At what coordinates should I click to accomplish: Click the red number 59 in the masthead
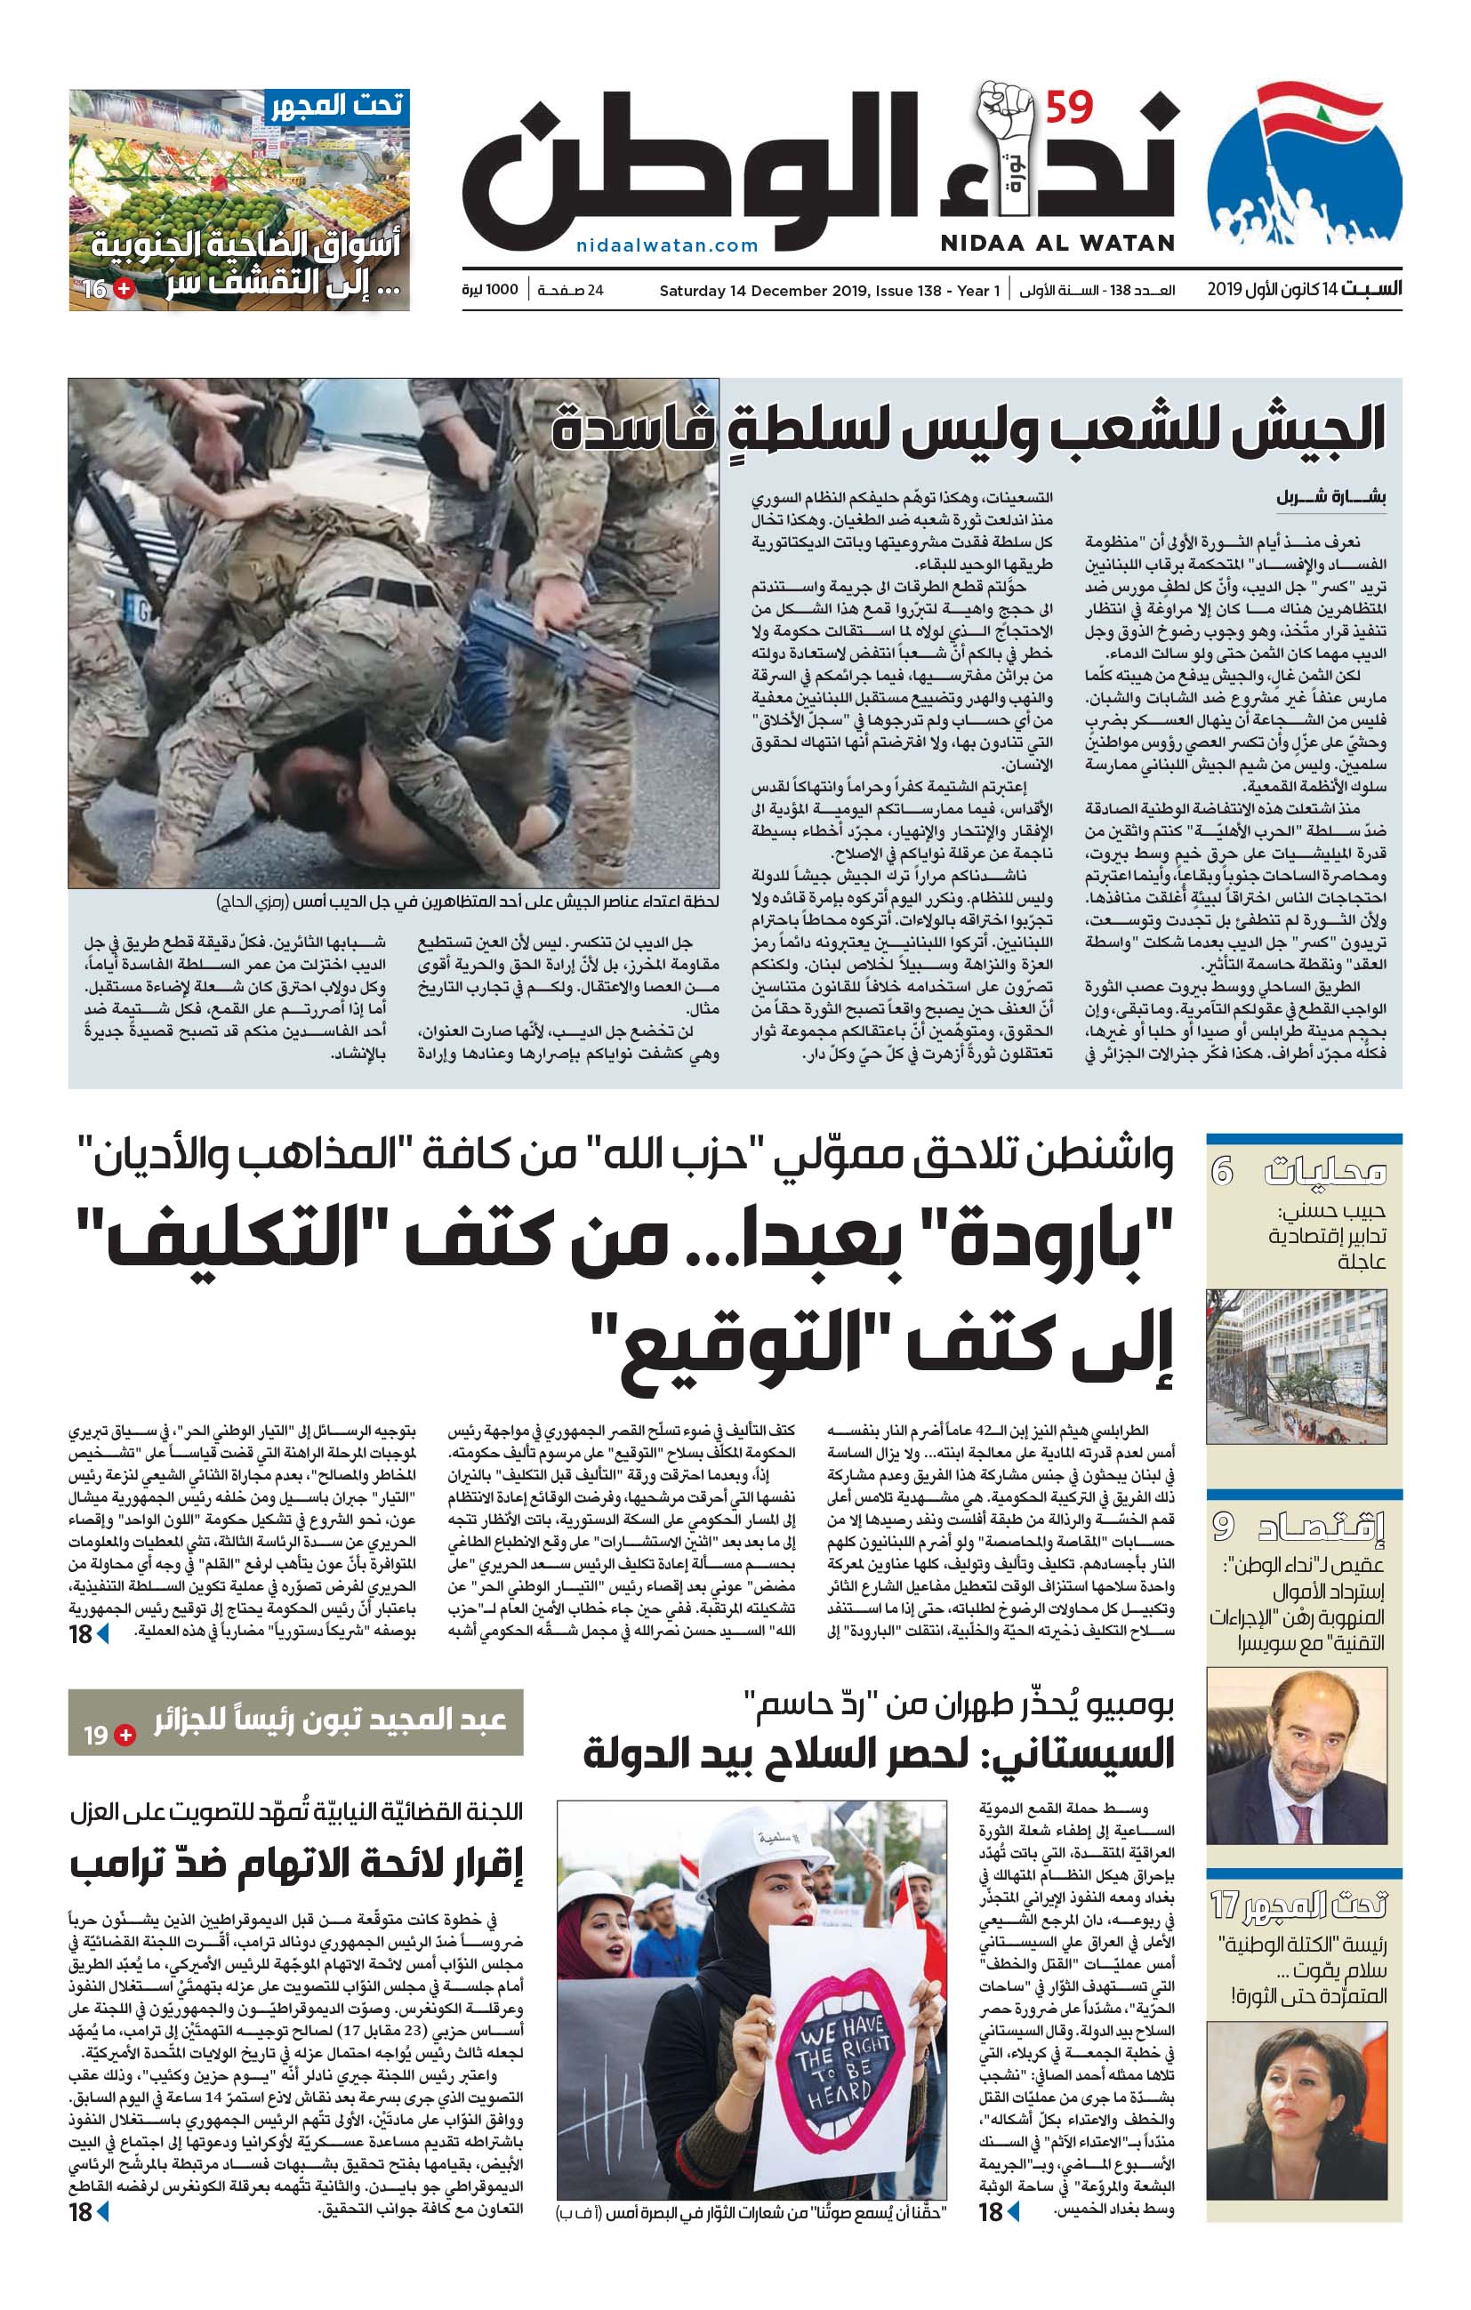pyautogui.click(x=1068, y=108)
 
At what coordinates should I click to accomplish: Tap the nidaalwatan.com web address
pyautogui.click(x=667, y=245)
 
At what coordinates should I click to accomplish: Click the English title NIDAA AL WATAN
pyautogui.click(x=1057, y=243)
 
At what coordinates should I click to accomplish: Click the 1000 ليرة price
pyautogui.click(x=489, y=290)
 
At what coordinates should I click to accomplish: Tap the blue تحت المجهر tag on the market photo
pyautogui.click(x=337, y=106)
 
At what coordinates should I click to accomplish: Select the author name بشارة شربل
pyautogui.click(x=1330, y=497)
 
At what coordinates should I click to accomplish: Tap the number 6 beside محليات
pyautogui.click(x=1221, y=1171)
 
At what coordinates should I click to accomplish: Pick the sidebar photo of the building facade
pyautogui.click(x=1296, y=1366)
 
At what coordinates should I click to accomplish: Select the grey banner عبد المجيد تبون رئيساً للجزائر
pyautogui.click(x=295, y=1722)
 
